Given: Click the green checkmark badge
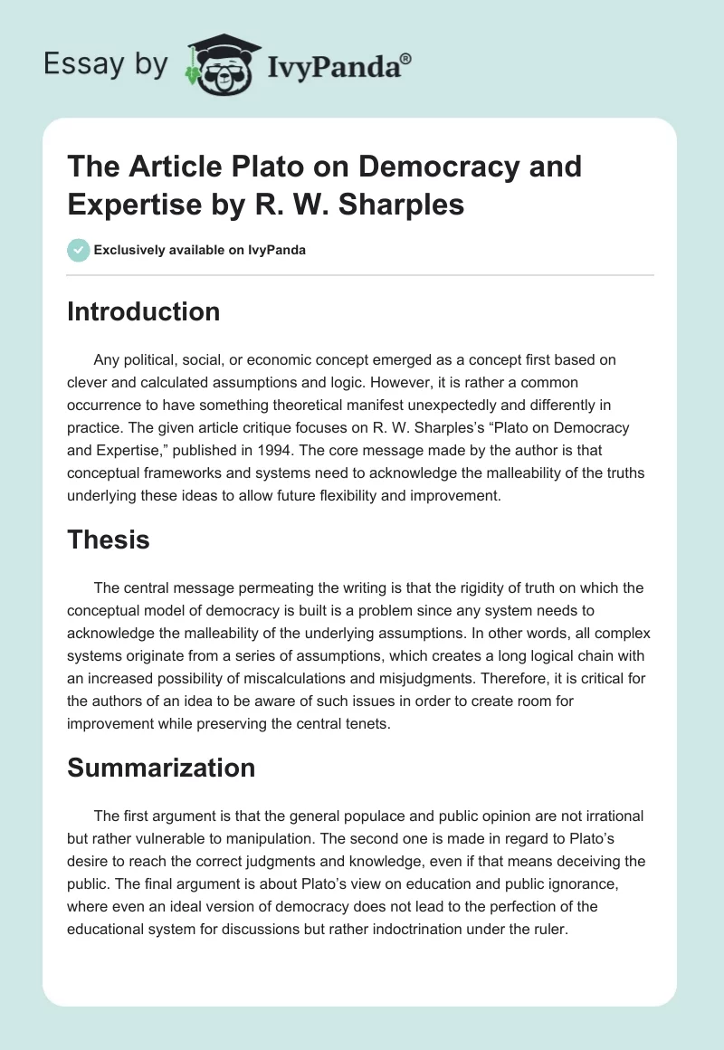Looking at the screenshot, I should point(78,250).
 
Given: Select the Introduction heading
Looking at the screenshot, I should point(144,311).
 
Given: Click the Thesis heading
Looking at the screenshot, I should point(109,540).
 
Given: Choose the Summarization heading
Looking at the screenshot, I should point(161,768).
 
